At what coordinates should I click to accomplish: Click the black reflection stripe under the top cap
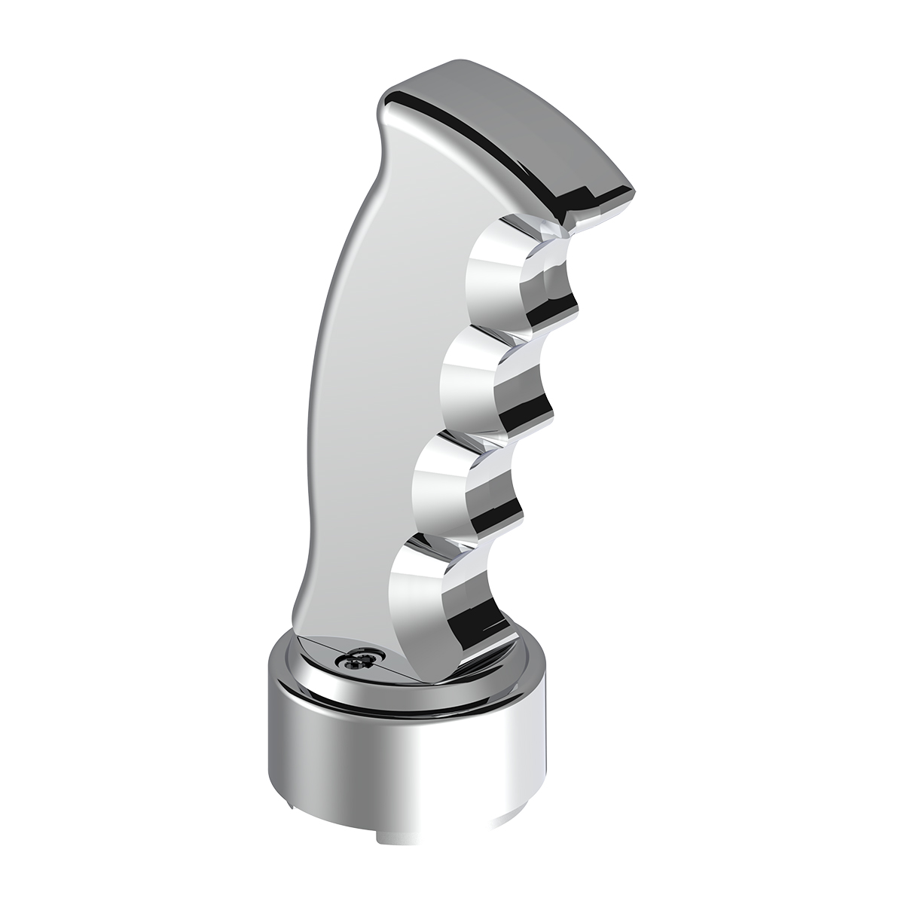coord(482,143)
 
